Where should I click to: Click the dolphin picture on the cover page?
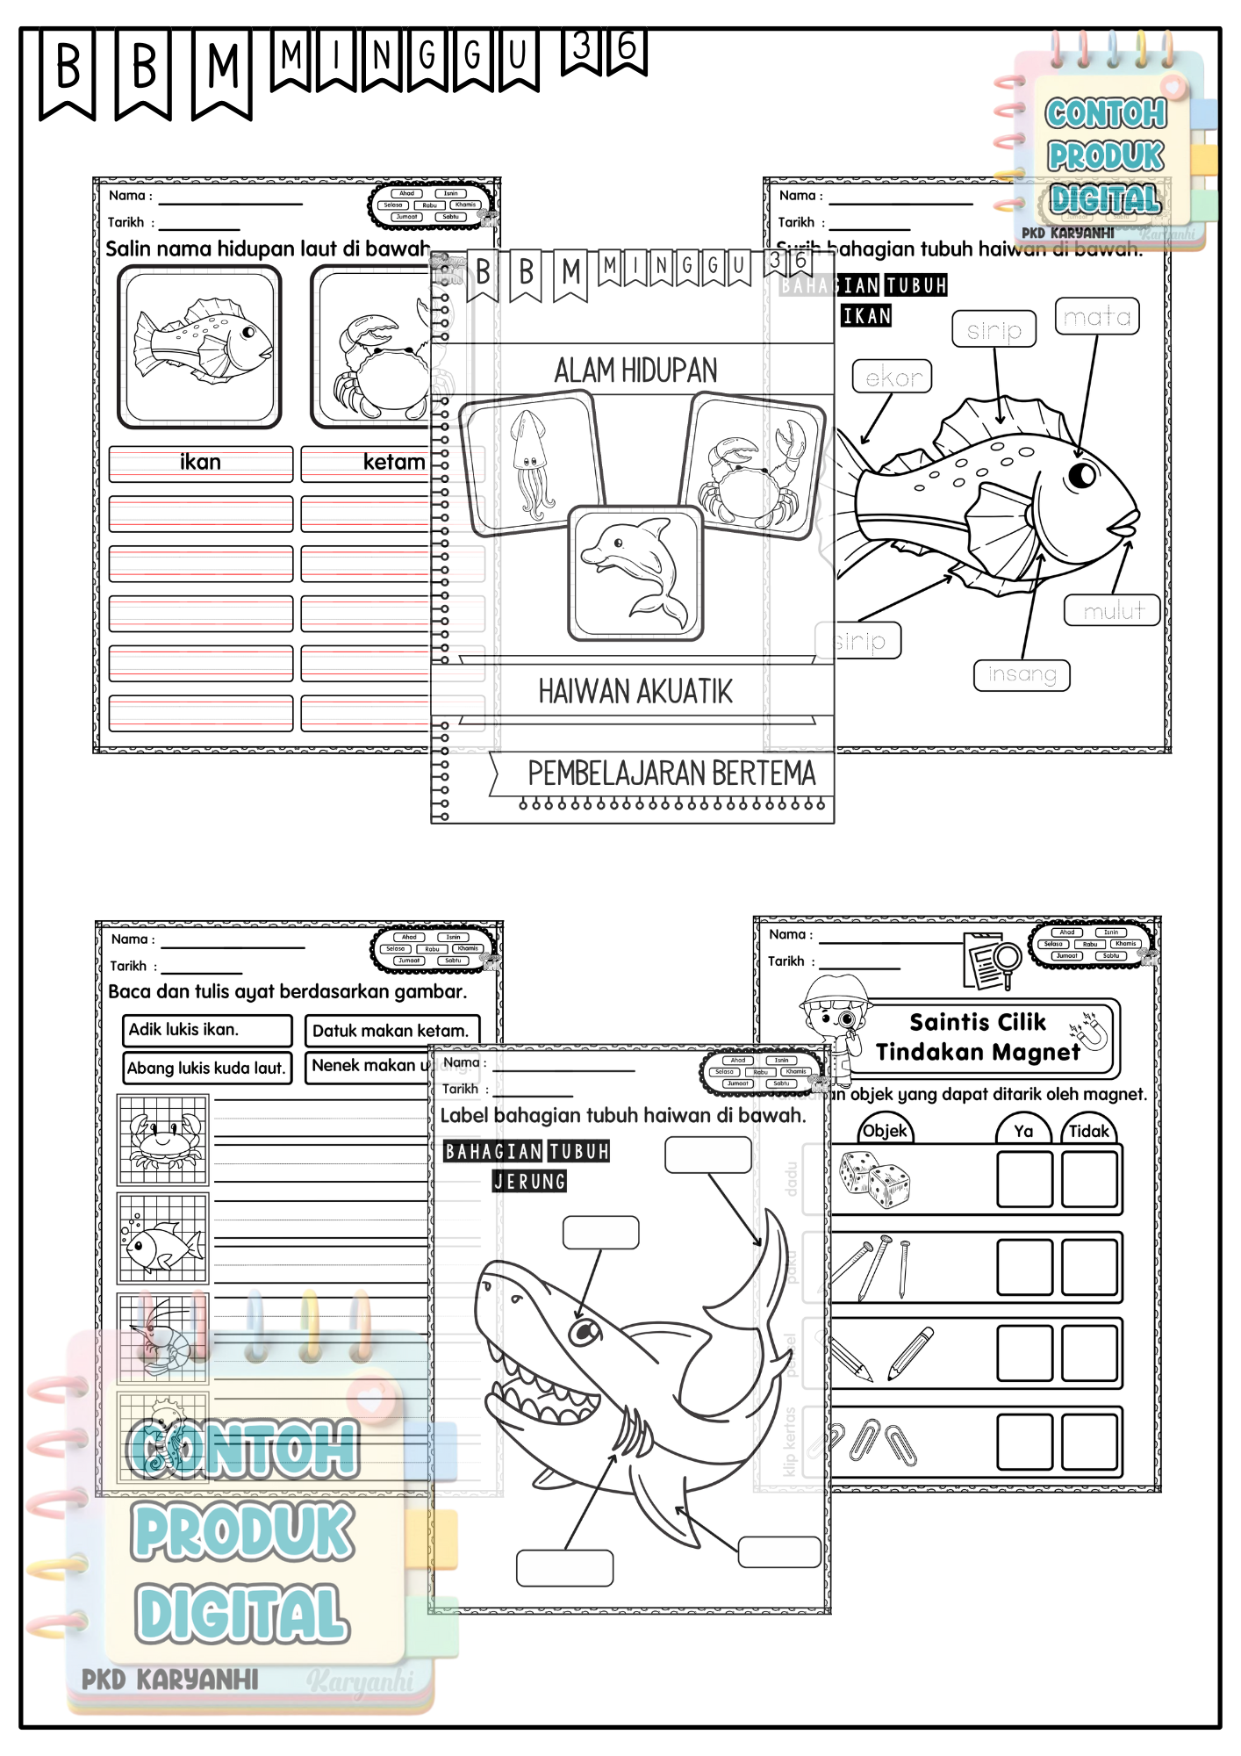pyautogui.click(x=635, y=573)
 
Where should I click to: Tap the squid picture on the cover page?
pyautogui.click(x=530, y=466)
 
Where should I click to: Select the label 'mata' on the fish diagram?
pyautogui.click(x=1096, y=316)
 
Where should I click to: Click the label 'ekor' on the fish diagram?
pyautogui.click(x=892, y=378)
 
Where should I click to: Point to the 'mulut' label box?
pyautogui.click(x=1112, y=610)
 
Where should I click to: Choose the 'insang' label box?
pyautogui.click(x=1022, y=674)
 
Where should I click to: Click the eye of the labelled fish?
pyautogui.click(x=1082, y=475)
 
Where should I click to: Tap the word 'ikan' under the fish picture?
pyautogui.click(x=200, y=463)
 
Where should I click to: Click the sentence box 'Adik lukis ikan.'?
pyautogui.click(x=207, y=1030)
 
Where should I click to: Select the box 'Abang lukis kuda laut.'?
pyautogui.click(x=207, y=1068)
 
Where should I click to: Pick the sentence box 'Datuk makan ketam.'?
pyautogui.click(x=391, y=1031)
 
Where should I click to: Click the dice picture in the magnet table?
pyautogui.click(x=874, y=1180)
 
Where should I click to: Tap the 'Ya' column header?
pyautogui.click(x=1022, y=1131)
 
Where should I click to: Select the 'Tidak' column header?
pyautogui.click(x=1088, y=1131)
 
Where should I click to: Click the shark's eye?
pyautogui.click(x=584, y=1333)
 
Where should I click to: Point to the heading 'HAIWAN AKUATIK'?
pyautogui.click(x=635, y=692)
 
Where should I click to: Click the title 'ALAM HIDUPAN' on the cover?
pyautogui.click(x=635, y=371)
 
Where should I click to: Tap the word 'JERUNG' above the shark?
pyautogui.click(x=529, y=1182)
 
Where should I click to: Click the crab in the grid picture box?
pyautogui.click(x=163, y=1140)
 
